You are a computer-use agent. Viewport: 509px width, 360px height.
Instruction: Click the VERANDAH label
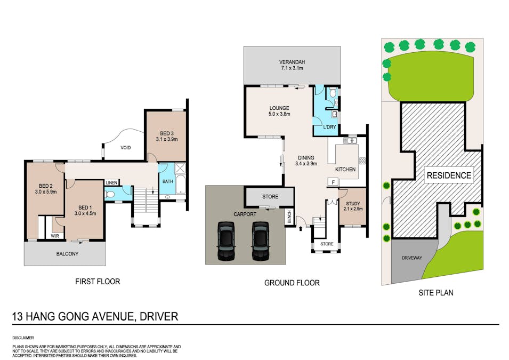(x=292, y=62)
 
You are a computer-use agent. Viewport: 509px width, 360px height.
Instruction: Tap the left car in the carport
(x=226, y=241)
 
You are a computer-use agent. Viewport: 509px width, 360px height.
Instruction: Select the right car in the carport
(x=260, y=241)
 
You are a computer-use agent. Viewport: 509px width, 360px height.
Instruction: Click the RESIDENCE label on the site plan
(x=449, y=175)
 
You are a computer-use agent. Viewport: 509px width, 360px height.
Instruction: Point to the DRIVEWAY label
(x=412, y=258)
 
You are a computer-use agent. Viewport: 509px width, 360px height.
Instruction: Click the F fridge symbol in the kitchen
(x=333, y=182)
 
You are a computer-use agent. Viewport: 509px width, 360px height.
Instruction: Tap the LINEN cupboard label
(x=111, y=183)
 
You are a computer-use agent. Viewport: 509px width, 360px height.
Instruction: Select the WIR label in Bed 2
(x=55, y=236)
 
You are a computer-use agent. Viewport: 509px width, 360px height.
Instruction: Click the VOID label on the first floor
(x=126, y=148)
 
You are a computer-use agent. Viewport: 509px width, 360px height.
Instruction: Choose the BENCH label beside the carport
(x=289, y=217)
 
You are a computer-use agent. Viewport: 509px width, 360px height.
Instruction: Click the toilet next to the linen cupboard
(x=110, y=194)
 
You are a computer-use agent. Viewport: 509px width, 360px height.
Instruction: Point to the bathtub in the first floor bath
(x=180, y=185)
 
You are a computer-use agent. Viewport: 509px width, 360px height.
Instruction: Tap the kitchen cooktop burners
(x=362, y=161)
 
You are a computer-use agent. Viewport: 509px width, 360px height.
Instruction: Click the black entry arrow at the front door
(x=301, y=228)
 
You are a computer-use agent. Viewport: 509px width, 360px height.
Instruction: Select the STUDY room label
(x=353, y=204)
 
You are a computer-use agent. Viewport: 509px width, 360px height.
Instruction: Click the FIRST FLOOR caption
(x=98, y=282)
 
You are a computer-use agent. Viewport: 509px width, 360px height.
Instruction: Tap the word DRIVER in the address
(x=159, y=316)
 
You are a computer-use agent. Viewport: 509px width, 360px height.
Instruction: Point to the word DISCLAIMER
(x=23, y=338)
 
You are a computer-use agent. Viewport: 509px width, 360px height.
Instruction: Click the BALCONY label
(x=68, y=254)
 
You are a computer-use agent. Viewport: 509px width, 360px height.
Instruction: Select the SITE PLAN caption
(x=435, y=293)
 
